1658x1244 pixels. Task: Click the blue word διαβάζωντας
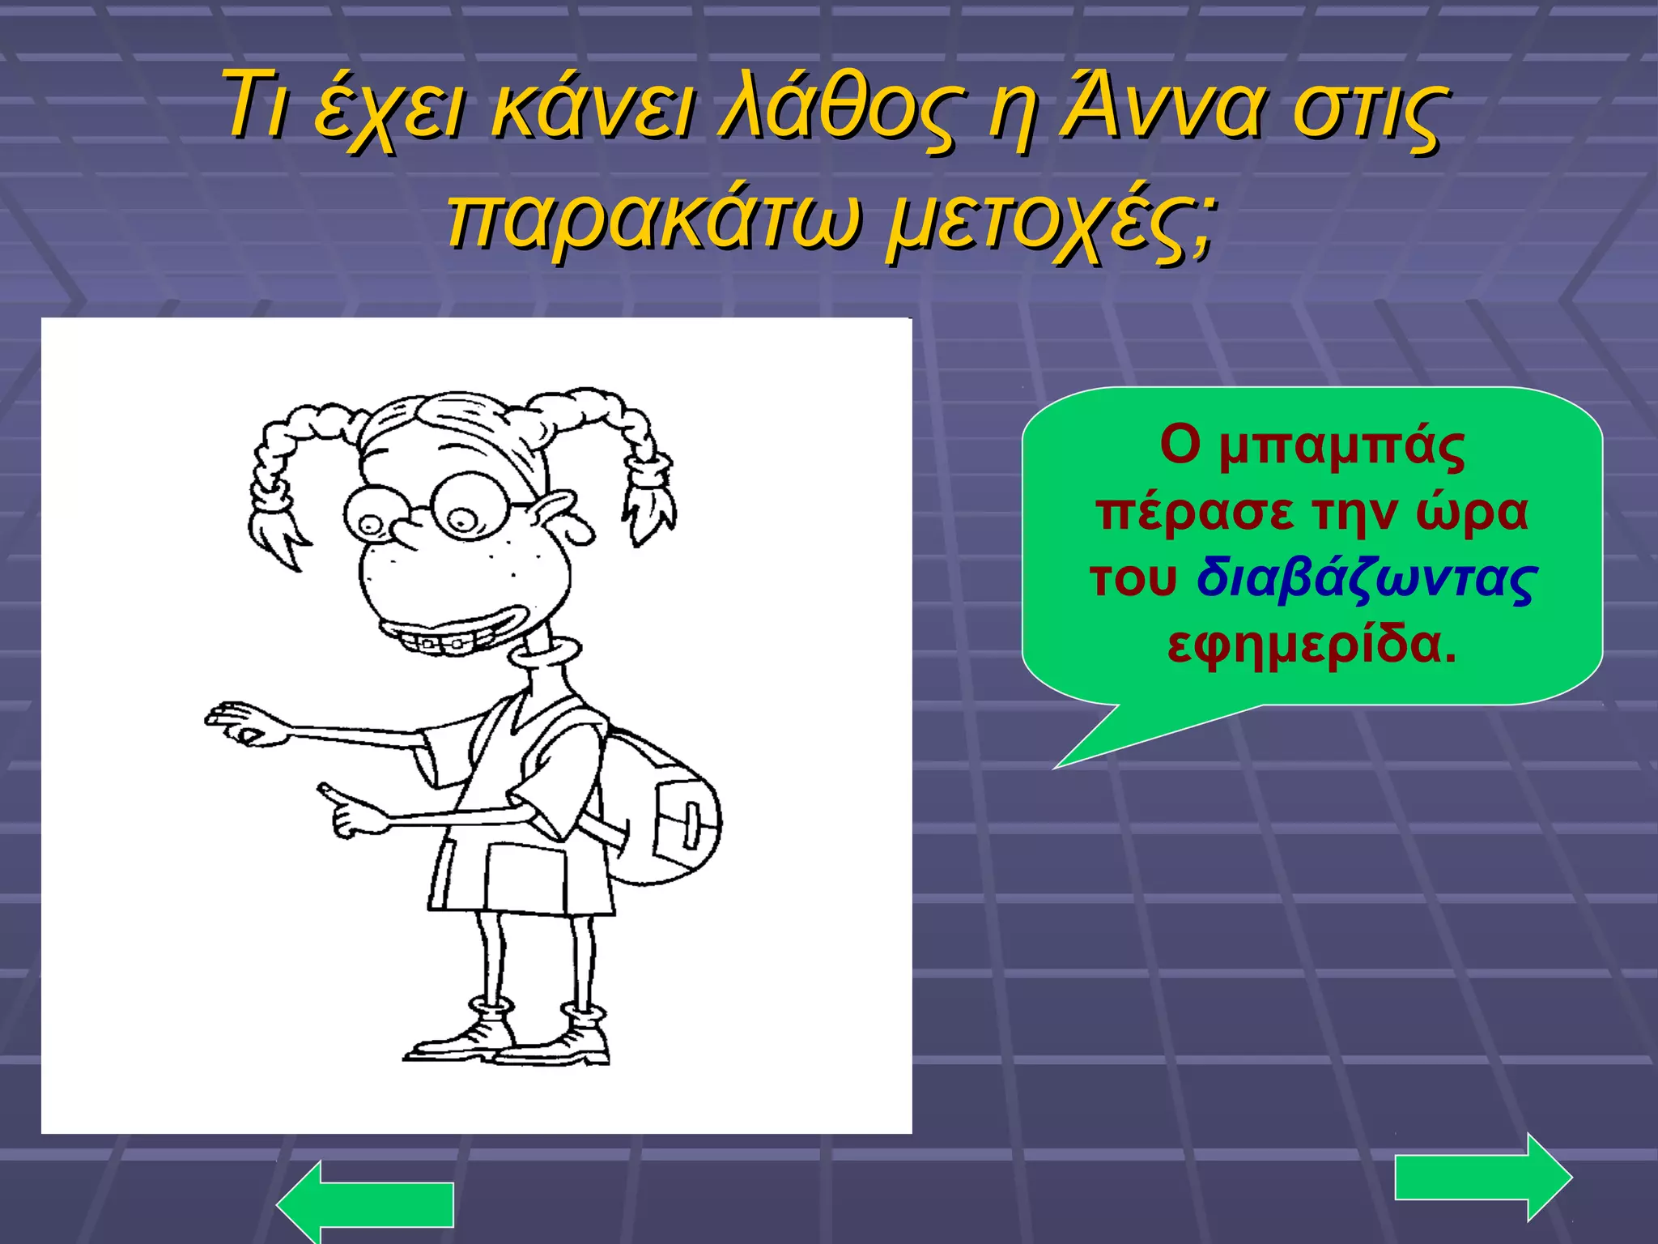click(x=1367, y=580)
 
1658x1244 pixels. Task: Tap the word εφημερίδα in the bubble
click(x=1312, y=645)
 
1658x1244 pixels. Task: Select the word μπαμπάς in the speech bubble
click(x=1341, y=446)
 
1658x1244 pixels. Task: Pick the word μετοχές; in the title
click(x=1051, y=220)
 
